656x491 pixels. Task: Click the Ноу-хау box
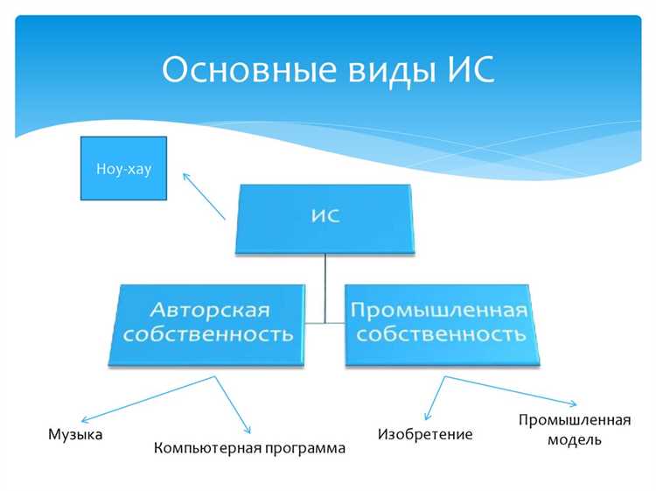pyautogui.click(x=123, y=168)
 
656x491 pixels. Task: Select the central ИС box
pyautogui.click(x=325, y=217)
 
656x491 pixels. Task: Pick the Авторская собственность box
pyautogui.click(x=208, y=323)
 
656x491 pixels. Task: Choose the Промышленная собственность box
pyautogui.click(x=441, y=323)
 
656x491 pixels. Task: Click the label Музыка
pyautogui.click(x=76, y=434)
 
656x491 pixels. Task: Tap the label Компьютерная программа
pyautogui.click(x=249, y=448)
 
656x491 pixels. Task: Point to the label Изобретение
pyautogui.click(x=425, y=434)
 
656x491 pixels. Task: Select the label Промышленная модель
pyautogui.click(x=574, y=429)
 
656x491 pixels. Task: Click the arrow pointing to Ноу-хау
pyautogui.click(x=204, y=195)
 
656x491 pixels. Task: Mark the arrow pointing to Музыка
pyautogui.click(x=152, y=397)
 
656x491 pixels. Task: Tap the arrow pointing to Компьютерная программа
pyautogui.click(x=233, y=406)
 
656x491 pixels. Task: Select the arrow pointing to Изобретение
pyautogui.click(x=436, y=398)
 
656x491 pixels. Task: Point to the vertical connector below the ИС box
pyautogui.click(x=325, y=284)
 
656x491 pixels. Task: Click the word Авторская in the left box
pyautogui.click(x=209, y=311)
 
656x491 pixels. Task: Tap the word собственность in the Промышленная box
pyautogui.click(x=441, y=334)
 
